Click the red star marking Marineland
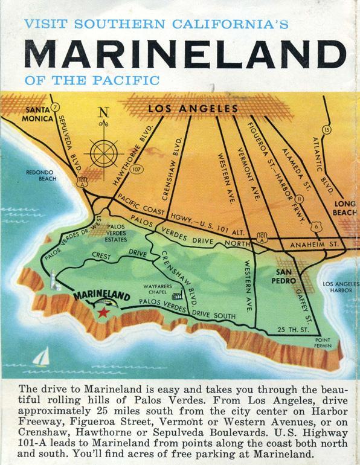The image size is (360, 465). click(104, 312)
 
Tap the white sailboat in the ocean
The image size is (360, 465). click(40, 358)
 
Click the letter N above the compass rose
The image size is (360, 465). click(104, 112)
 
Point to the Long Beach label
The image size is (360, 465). click(344, 208)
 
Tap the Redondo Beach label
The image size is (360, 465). click(40, 175)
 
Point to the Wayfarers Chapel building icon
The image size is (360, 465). click(177, 296)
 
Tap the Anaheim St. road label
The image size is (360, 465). click(309, 245)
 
